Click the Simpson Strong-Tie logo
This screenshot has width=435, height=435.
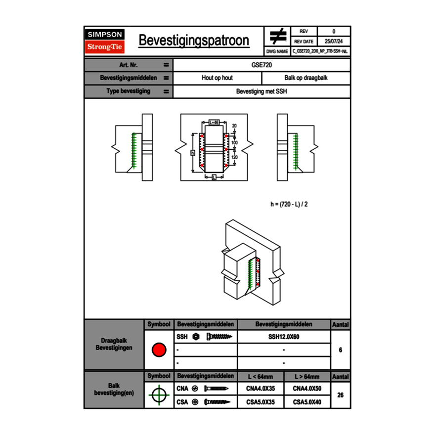pos(105,41)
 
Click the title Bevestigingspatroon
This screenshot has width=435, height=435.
pos(193,41)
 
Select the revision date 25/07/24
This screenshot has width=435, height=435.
pos(334,41)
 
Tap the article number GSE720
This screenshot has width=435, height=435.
pos(261,65)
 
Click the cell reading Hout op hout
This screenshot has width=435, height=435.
pos(217,78)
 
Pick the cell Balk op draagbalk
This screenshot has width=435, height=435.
pos(305,78)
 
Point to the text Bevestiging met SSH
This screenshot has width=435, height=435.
pos(261,91)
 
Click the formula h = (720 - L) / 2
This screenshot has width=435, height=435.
pos(293,204)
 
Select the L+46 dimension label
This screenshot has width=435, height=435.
pos(214,122)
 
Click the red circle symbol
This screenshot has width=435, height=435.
pos(159,350)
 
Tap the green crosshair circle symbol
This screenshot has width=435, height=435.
pos(159,395)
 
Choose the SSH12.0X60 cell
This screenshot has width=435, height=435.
pos(284,337)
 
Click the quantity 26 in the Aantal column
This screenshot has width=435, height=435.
pos(340,395)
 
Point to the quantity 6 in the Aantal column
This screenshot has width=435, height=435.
pos(340,350)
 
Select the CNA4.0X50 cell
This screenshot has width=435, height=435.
pos(307,389)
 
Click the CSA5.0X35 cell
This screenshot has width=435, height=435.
pos(261,402)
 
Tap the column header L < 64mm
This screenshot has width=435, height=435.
pos(261,377)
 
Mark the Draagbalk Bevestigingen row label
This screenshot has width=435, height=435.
pos(114,345)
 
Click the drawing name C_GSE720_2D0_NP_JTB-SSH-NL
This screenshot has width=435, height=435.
pos(320,51)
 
